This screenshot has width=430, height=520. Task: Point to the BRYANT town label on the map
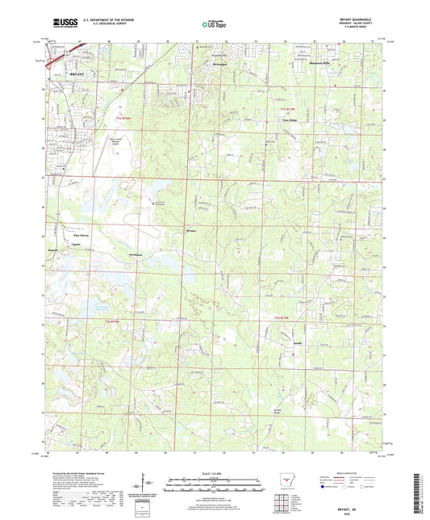tap(77, 73)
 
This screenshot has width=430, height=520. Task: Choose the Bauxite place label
tap(53, 250)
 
